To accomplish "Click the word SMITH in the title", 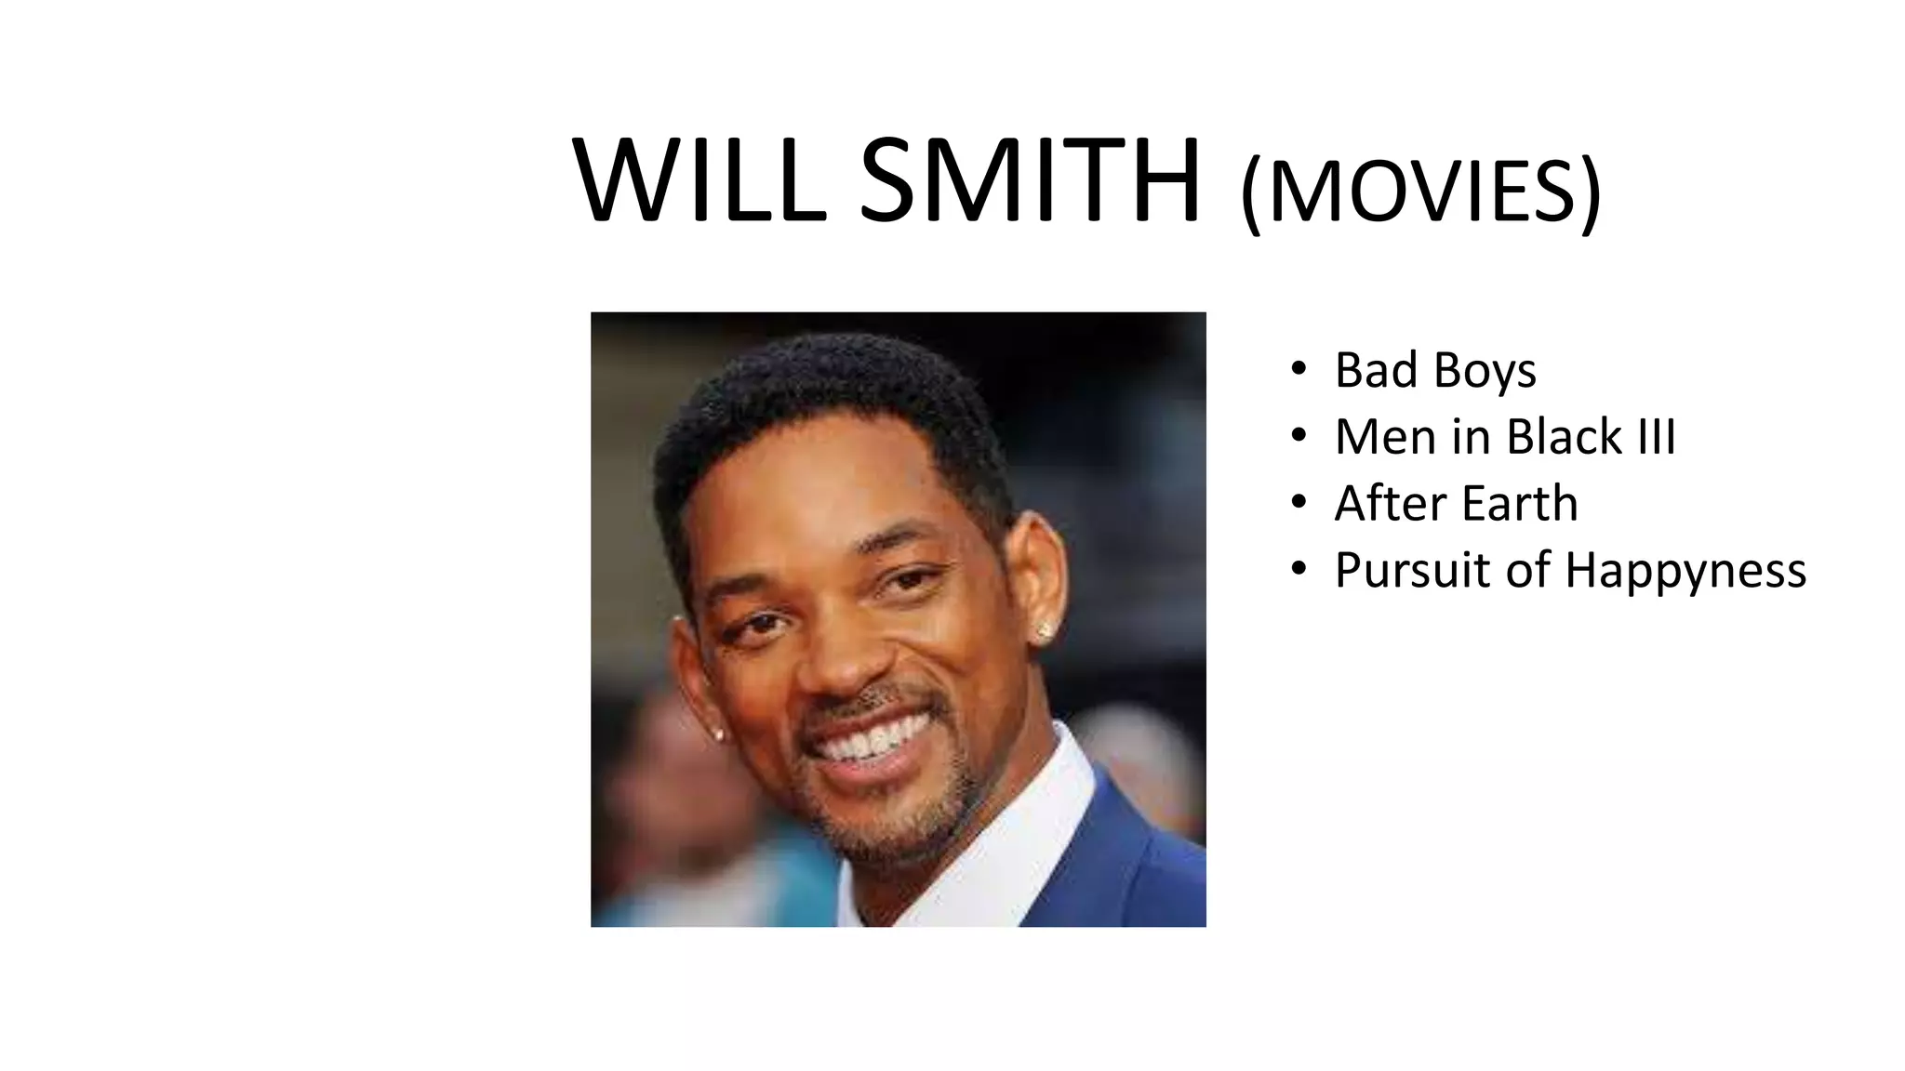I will point(1029,181).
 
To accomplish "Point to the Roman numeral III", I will point(1657,437).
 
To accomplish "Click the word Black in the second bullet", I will point(1563,437).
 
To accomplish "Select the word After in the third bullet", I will point(1389,504).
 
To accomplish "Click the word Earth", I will point(1520,504).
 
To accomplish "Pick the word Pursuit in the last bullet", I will point(1413,570).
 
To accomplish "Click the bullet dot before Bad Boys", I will point(1299,369).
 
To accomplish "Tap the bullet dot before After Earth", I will point(1299,503).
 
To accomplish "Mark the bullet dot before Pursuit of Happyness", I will point(1299,570).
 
